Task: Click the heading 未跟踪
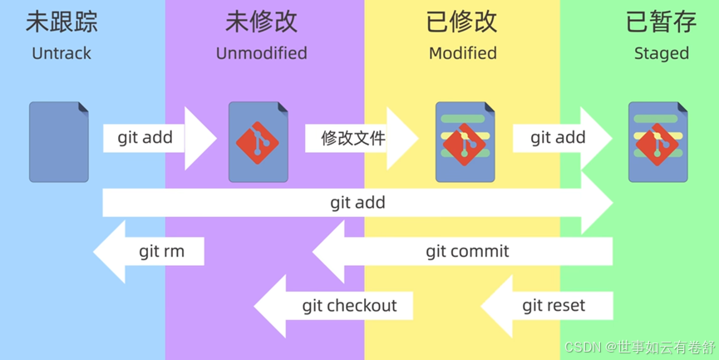click(x=62, y=22)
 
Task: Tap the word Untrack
click(x=62, y=53)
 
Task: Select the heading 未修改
click(x=261, y=22)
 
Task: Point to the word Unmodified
click(x=261, y=53)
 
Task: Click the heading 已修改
click(x=462, y=22)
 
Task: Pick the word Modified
click(x=463, y=53)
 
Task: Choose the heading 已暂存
click(x=661, y=22)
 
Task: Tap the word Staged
click(x=661, y=54)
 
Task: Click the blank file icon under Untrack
click(x=59, y=142)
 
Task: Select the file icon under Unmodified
click(x=259, y=142)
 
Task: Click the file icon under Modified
click(x=465, y=142)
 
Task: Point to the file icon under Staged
click(x=658, y=142)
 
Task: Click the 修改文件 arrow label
click(x=353, y=138)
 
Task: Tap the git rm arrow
click(x=149, y=251)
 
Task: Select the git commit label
click(x=467, y=251)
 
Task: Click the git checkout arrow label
click(x=349, y=306)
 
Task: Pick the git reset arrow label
click(x=554, y=306)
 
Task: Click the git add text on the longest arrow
click(x=357, y=203)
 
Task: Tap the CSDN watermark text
click(x=640, y=348)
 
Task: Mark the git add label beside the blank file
click(x=145, y=137)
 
